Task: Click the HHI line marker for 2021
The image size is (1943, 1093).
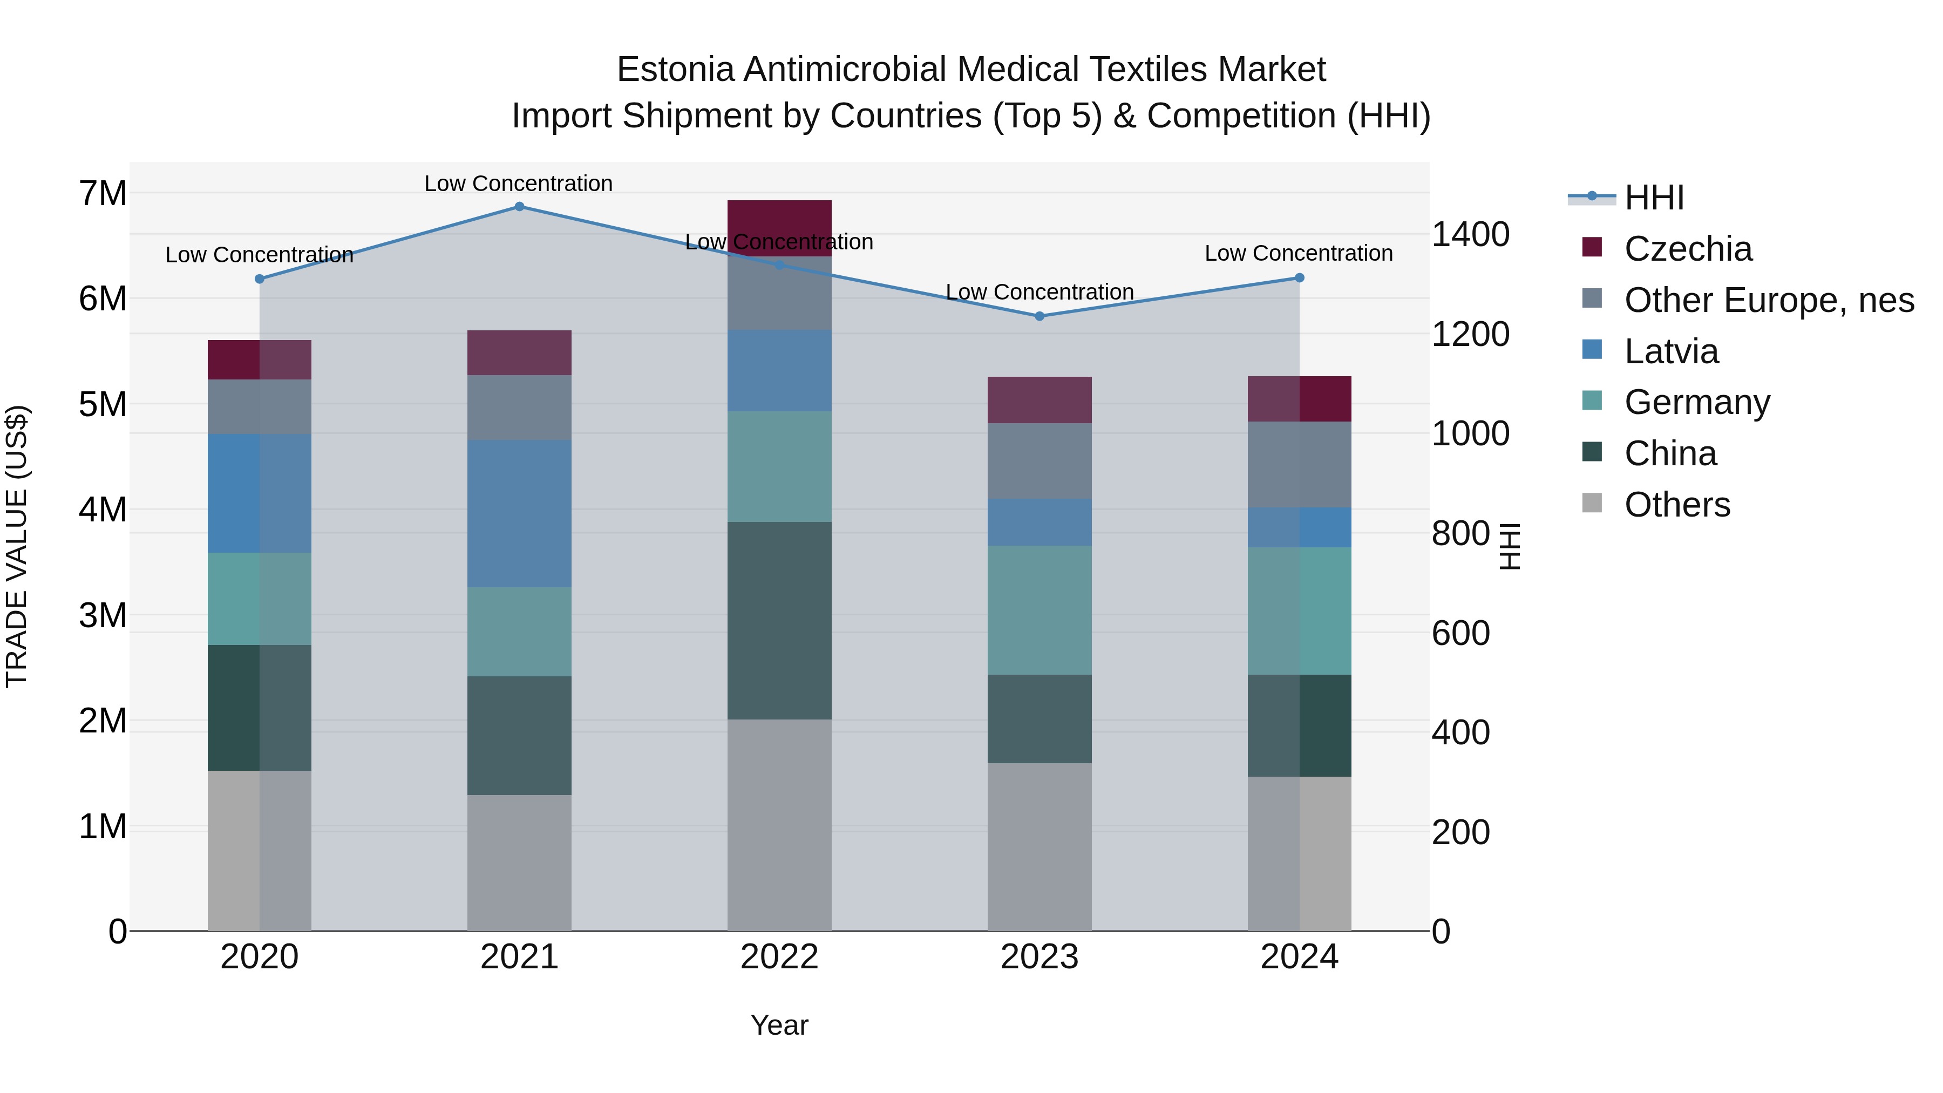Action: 519,206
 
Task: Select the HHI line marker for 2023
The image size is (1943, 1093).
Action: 1040,316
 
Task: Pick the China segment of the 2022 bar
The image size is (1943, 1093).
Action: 779,620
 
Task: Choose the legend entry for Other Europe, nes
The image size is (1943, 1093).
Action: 1769,300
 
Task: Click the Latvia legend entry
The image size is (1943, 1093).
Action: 1670,351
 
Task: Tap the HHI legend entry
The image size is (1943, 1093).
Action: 1653,198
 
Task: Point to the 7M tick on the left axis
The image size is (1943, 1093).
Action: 103,194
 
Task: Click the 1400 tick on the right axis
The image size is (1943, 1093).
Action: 1470,235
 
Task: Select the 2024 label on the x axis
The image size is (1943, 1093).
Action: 1299,957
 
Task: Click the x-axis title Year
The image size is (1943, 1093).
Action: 779,1025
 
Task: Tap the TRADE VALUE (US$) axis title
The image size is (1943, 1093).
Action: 17,546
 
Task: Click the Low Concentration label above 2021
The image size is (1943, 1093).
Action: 518,184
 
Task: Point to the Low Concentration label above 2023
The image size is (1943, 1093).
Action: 1040,292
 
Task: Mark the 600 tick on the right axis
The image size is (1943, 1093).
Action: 1460,633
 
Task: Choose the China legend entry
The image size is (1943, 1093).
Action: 1670,454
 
